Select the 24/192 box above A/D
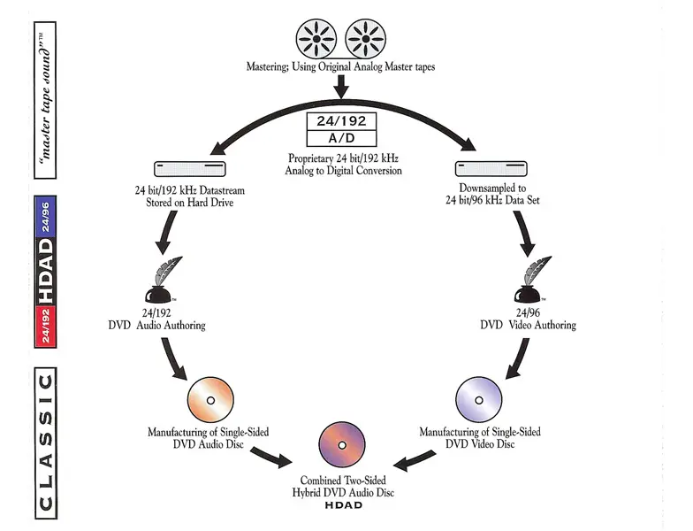(340, 122)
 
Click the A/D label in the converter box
(340, 138)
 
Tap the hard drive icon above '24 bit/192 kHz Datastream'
(190, 168)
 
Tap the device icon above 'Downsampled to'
(491, 168)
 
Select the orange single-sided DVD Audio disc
(211, 398)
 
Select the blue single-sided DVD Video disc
(479, 398)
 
